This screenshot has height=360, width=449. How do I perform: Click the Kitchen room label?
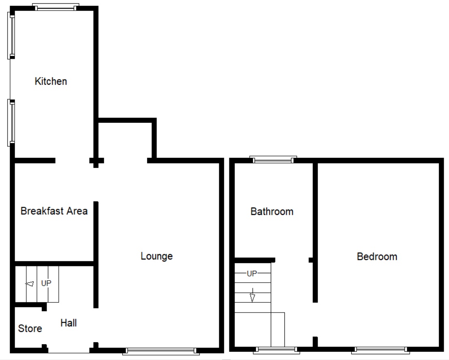coord(51,81)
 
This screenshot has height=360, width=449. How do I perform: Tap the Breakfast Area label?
coord(54,211)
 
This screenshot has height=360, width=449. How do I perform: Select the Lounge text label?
coord(156,256)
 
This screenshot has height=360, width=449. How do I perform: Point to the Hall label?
coord(68,323)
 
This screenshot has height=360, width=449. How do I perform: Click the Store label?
coord(30,328)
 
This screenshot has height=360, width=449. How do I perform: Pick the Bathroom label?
coord(272,212)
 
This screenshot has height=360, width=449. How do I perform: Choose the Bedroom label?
coord(377,257)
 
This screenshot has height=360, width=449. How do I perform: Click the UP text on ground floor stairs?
coord(46,283)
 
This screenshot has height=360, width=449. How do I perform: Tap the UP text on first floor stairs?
coord(252,274)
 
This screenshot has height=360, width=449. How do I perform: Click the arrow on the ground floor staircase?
coord(29,284)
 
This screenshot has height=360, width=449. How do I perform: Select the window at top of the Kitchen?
coord(56,7)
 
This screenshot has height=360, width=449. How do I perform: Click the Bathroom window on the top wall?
coord(273,160)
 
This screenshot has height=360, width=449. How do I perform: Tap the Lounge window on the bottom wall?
coord(160,351)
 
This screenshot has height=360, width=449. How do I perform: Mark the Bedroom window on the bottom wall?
coord(380,350)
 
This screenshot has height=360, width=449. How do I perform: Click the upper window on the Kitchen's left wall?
coord(11,36)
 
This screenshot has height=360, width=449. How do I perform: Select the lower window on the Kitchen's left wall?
coord(11,123)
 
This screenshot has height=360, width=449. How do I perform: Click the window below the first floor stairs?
coord(276,350)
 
